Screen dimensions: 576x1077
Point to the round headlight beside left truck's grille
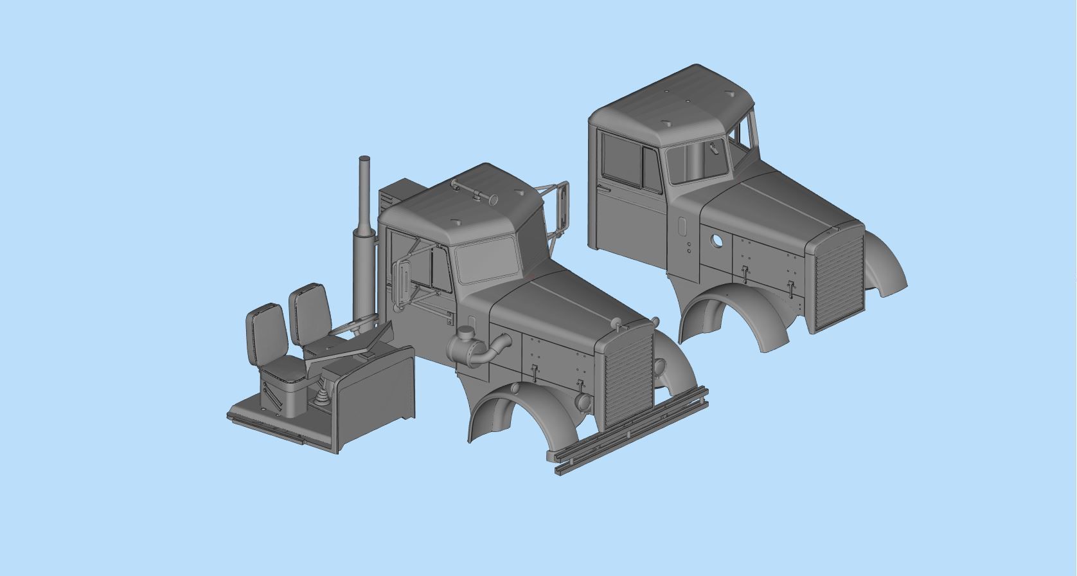[x=583, y=401]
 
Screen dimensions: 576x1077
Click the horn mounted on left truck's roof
[x=476, y=191]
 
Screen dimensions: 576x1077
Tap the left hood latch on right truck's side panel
[x=744, y=273]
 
